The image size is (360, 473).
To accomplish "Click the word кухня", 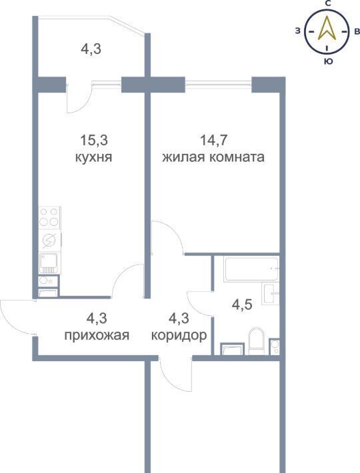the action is pos(93,157).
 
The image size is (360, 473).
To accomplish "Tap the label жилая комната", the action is pos(213,157).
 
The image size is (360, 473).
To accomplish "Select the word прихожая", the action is pos(97,335).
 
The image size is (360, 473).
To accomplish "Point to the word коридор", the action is pos(179,335).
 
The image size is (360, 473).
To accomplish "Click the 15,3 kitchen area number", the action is pos(94,141).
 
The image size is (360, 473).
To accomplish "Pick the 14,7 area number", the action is pos(213,141).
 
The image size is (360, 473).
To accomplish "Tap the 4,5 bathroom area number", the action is pos(242,304).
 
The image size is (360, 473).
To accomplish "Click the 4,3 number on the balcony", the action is pos(91,49).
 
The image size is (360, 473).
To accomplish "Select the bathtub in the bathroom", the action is pos(251,268).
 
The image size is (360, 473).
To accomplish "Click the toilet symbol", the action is pos(256,341).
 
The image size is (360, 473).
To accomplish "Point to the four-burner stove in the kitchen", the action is pos(50,217).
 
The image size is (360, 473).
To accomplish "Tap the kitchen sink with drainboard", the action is pos(49,262).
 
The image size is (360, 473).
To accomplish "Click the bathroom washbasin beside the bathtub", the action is pos(271,294).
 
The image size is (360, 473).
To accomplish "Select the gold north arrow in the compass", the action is pos(327,29).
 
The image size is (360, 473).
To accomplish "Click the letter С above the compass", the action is pos(328,3).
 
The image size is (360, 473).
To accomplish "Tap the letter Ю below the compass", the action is pos(328,61).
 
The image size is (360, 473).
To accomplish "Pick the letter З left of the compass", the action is pos(298,31).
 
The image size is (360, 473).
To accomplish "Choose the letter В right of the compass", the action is pos(357,31).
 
